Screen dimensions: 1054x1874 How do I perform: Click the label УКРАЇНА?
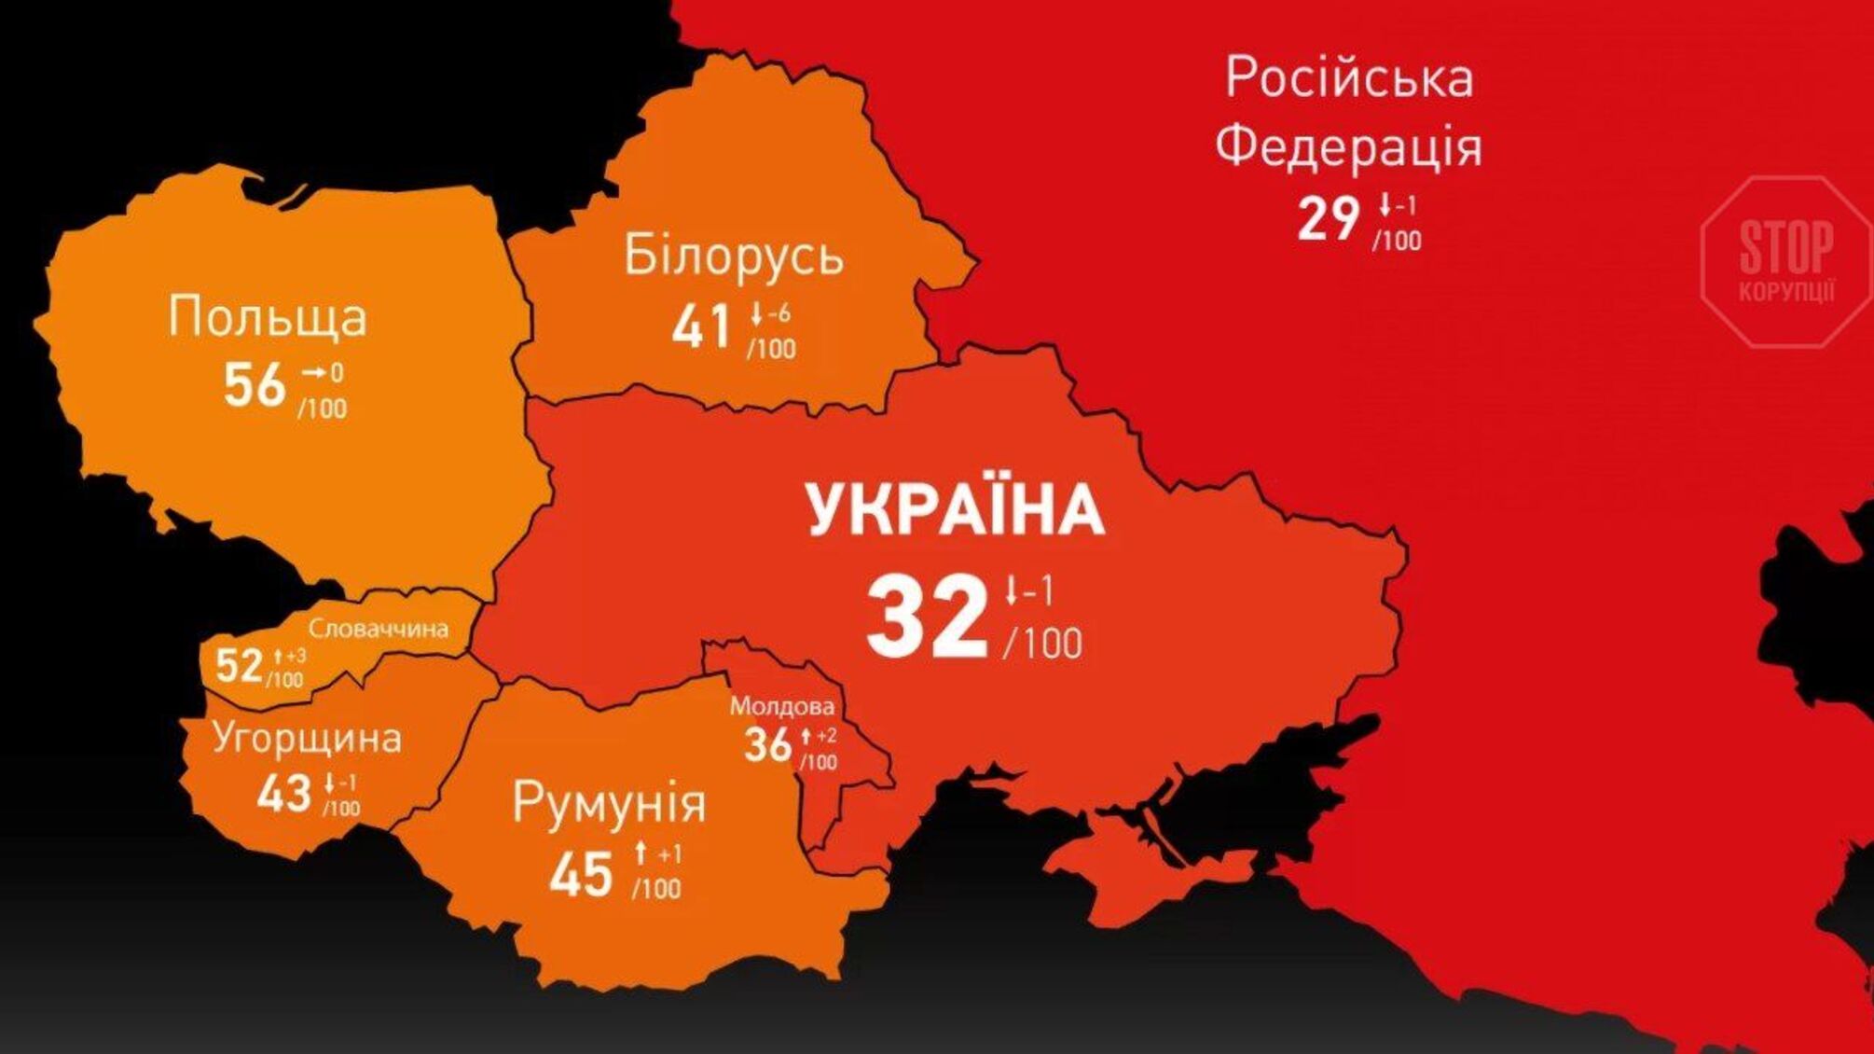click(x=956, y=510)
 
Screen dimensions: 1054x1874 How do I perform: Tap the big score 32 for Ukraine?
click(x=927, y=618)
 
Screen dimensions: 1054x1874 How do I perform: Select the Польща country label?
click(x=268, y=316)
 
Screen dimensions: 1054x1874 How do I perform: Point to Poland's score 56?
click(x=254, y=384)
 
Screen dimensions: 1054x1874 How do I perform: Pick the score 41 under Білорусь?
click(x=701, y=327)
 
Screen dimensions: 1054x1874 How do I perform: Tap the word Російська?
click(x=1349, y=78)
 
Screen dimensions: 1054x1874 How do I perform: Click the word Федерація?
click(x=1348, y=147)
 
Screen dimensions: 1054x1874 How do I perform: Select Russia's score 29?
click(x=1329, y=220)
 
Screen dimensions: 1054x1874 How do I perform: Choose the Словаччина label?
click(x=379, y=629)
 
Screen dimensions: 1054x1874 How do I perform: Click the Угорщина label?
click(x=307, y=738)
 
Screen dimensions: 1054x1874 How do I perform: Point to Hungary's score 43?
click(x=283, y=794)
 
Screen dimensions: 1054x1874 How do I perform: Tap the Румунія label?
click(x=609, y=803)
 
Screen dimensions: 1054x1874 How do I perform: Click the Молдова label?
click(x=781, y=706)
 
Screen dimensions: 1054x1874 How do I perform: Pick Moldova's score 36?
click(x=767, y=744)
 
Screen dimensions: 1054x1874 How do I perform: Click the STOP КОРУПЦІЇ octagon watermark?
click(x=1785, y=262)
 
